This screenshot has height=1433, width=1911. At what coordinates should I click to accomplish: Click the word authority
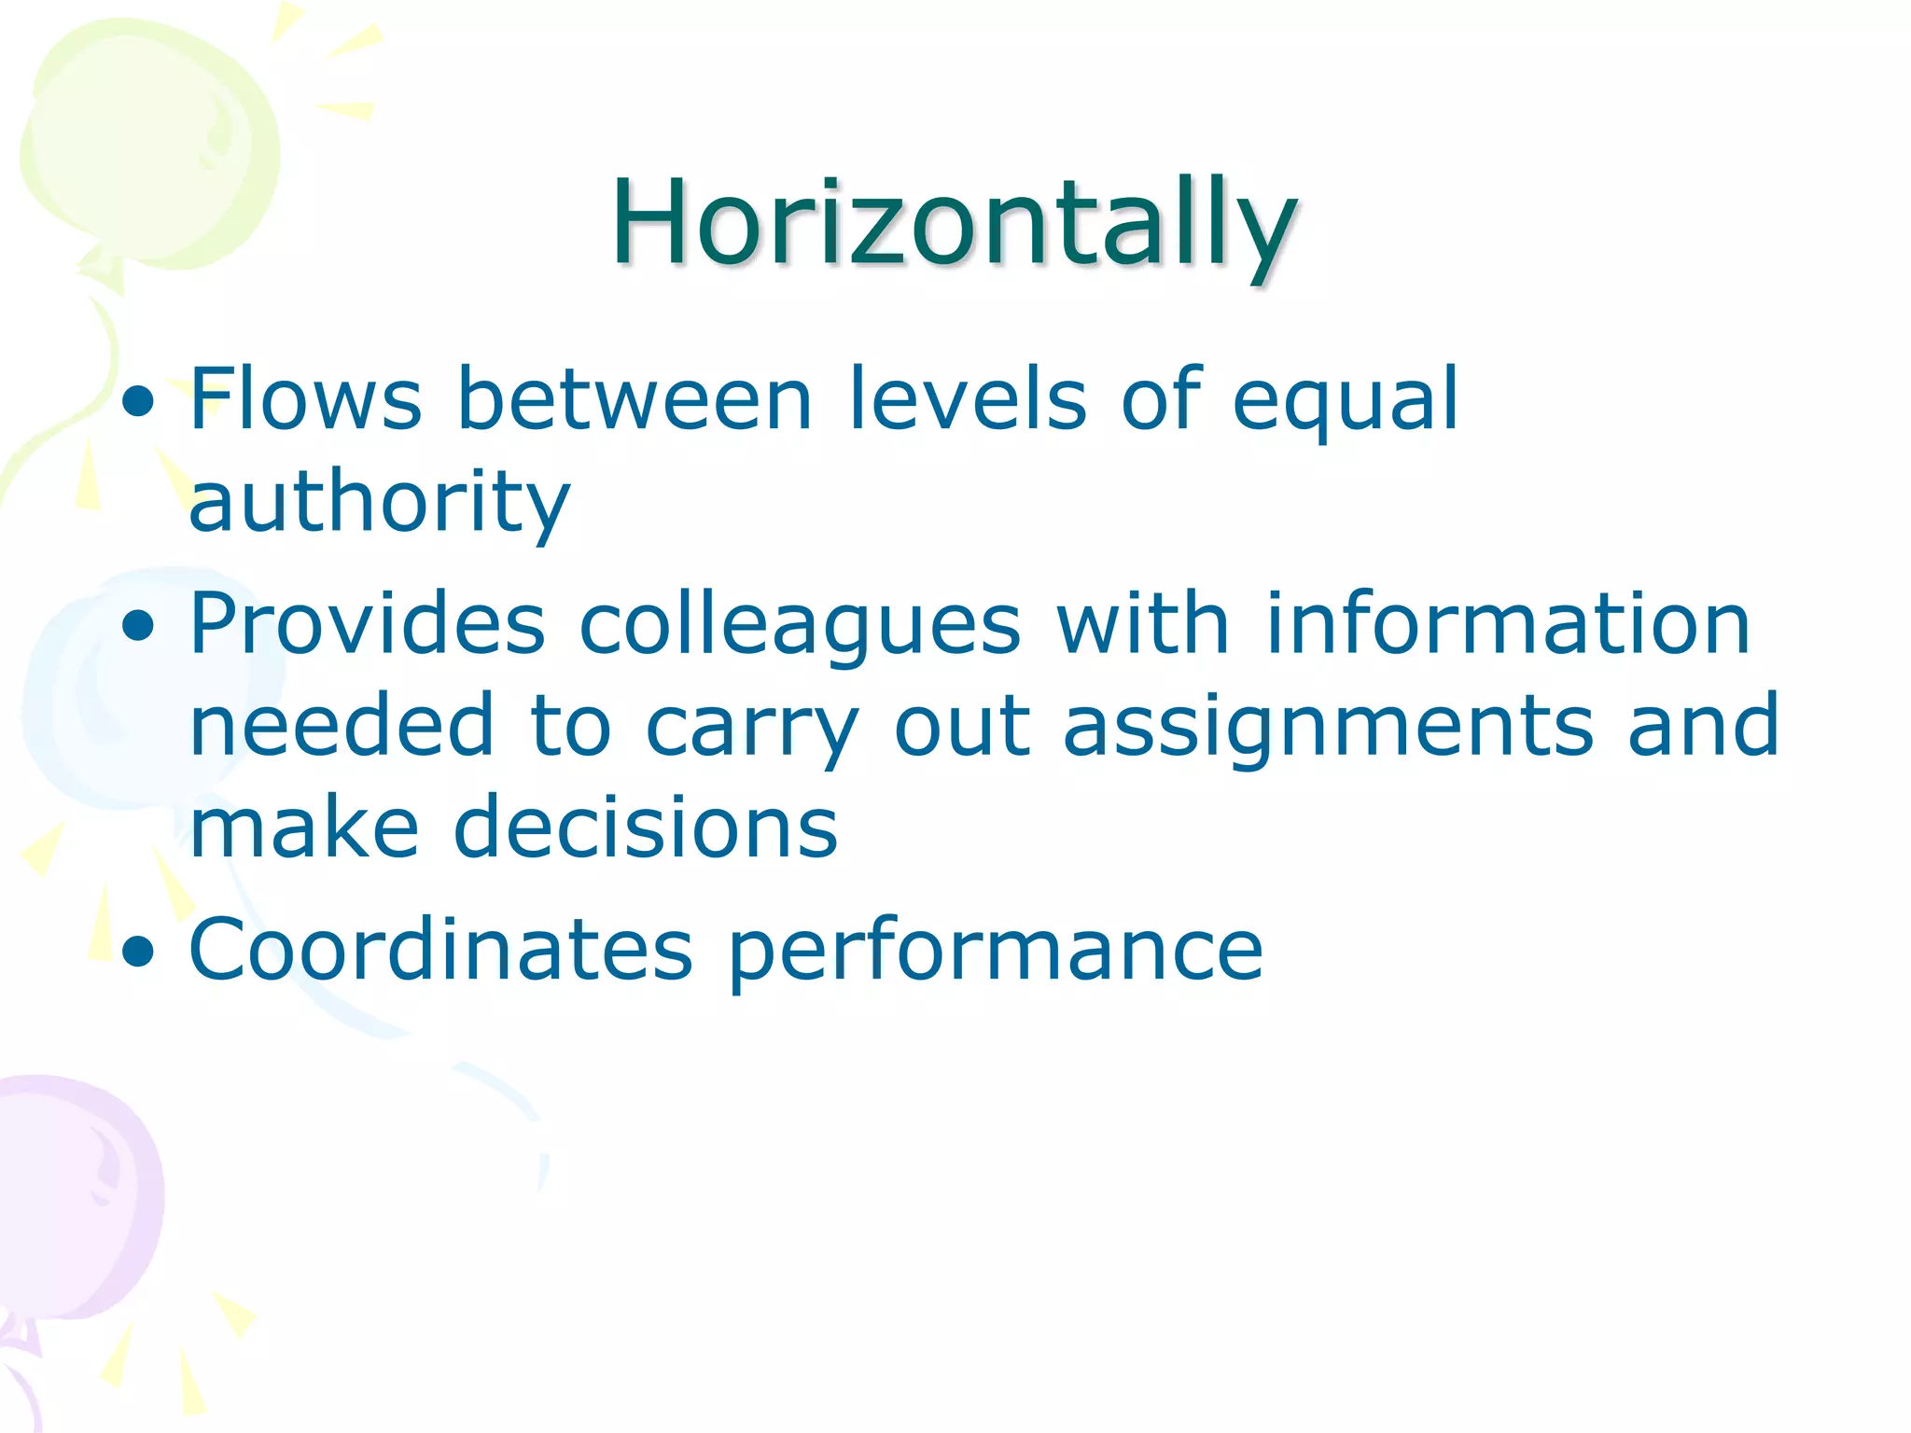[x=379, y=504]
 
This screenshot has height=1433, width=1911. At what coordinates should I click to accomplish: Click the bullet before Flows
[x=138, y=403]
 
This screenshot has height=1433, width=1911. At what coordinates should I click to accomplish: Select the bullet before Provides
[x=138, y=627]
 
